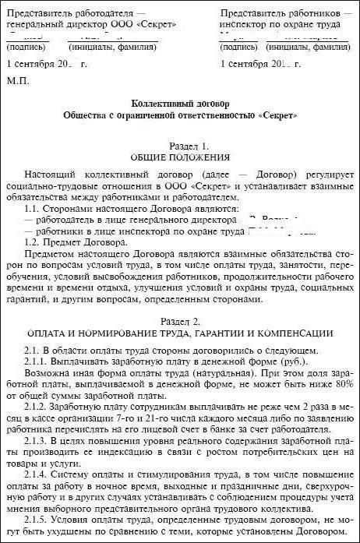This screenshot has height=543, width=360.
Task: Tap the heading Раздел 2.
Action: pyautogui.click(x=179, y=321)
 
